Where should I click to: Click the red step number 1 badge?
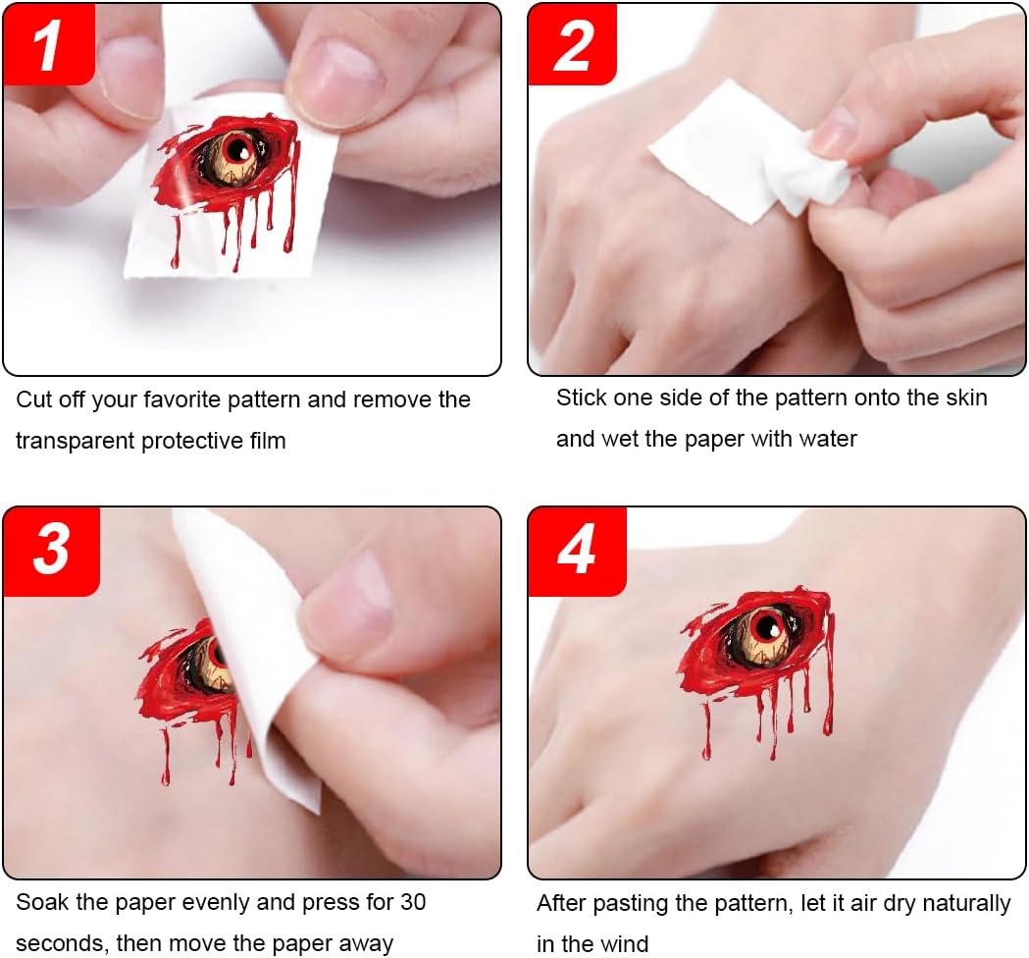49,44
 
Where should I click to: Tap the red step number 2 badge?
572,44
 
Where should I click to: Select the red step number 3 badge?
51,551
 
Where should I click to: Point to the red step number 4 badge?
577,551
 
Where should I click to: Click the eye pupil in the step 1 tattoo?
235,149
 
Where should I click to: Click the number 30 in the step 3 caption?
413,902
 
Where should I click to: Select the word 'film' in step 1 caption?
268,441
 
